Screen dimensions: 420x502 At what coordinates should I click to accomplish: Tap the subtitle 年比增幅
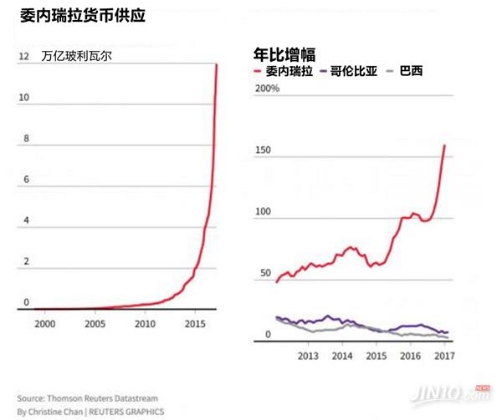[284, 55]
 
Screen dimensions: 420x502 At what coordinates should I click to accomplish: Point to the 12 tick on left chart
[25, 57]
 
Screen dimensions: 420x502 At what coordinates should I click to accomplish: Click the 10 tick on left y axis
[25, 98]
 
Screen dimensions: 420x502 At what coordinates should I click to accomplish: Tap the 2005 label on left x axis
[95, 322]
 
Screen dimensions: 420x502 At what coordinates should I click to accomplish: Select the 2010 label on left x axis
[146, 322]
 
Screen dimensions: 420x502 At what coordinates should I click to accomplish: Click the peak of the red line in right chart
[444, 146]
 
